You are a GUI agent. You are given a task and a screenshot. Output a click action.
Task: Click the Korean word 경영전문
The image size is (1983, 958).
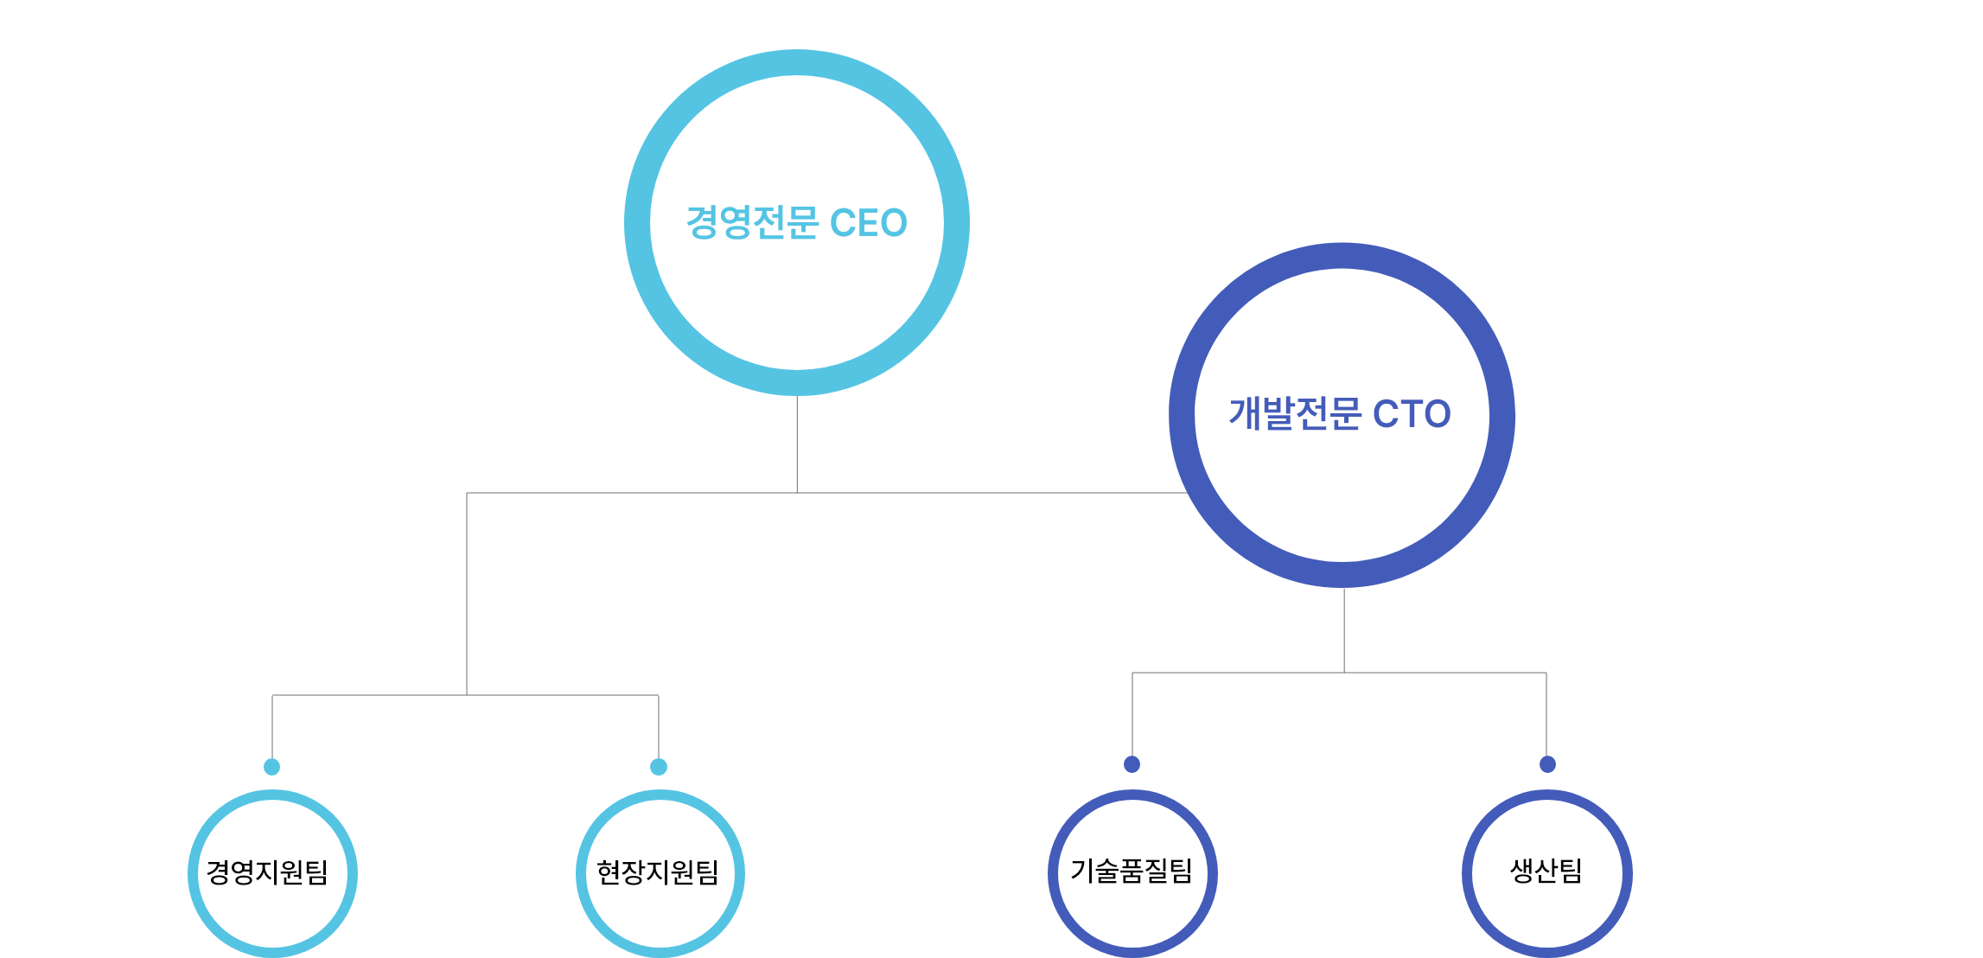752,223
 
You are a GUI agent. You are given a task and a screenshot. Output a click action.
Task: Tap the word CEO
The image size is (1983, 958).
868,223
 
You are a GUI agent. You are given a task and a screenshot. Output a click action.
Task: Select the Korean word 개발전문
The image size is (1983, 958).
1295,414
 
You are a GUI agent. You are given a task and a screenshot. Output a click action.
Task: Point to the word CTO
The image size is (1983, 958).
1412,414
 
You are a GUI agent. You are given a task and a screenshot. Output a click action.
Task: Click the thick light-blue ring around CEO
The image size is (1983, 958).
638,223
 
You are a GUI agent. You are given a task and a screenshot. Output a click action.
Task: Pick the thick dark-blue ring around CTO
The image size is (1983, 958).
1183,415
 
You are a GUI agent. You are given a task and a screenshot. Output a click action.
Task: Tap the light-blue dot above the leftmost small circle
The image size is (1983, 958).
272,767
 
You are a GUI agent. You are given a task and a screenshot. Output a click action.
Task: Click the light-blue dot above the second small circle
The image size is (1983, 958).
659,767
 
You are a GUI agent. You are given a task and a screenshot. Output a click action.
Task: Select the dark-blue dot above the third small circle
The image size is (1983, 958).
1132,764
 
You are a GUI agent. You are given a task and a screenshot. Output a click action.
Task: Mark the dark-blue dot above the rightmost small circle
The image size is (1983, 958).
1547,764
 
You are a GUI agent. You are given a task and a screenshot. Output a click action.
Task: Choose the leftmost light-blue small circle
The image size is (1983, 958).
194,874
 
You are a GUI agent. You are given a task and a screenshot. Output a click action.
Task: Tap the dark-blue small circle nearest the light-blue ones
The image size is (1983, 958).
1054,874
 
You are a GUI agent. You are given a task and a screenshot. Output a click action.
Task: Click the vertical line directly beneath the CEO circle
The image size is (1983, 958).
797,444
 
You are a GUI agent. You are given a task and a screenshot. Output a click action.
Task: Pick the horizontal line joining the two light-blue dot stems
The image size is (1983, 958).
562,695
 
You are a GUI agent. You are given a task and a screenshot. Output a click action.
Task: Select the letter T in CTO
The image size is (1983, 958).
1412,414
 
